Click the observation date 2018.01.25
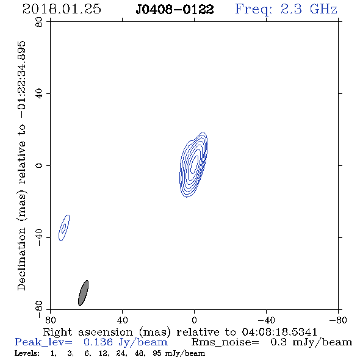(x=62, y=9)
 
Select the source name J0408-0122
(x=175, y=10)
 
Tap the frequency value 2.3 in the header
(x=291, y=9)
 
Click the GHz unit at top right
(x=323, y=9)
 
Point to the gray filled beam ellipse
(x=83, y=293)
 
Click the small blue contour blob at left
(x=64, y=228)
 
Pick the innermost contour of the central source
(x=195, y=164)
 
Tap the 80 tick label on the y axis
(x=39, y=22)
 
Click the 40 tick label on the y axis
(x=39, y=94)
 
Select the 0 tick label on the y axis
(x=39, y=165)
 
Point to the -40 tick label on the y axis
(x=39, y=237)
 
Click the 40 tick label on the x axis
(x=122, y=320)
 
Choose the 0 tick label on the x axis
(x=194, y=320)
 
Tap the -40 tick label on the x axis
(x=266, y=320)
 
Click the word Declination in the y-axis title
(x=21, y=259)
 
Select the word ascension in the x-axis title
(x=106, y=332)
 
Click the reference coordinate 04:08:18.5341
(x=279, y=332)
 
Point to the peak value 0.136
(x=98, y=342)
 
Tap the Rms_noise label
(x=225, y=342)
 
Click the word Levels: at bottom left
(x=27, y=353)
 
